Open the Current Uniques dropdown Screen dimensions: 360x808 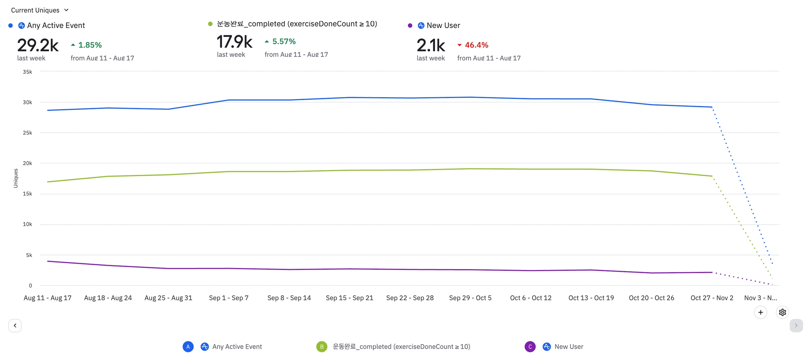click(39, 10)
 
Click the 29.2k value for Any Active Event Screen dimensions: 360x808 click(38, 45)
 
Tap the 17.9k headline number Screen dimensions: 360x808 click(234, 41)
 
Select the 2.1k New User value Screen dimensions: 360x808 click(430, 45)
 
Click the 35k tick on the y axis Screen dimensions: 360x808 click(27, 72)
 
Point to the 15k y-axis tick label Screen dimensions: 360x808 click(27, 194)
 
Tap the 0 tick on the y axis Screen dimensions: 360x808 click(30, 285)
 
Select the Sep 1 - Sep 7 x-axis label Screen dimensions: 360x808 click(228, 298)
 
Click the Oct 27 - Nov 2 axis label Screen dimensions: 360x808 click(712, 298)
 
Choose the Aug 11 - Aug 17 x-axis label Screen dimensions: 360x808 click(47, 298)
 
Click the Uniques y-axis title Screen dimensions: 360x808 click(16, 178)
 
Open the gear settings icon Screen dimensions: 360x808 click(782, 312)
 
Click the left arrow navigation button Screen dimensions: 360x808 click(15, 326)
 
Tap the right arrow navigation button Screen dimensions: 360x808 click(796, 326)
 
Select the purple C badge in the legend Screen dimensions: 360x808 click(530, 347)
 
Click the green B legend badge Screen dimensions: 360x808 click(322, 347)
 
